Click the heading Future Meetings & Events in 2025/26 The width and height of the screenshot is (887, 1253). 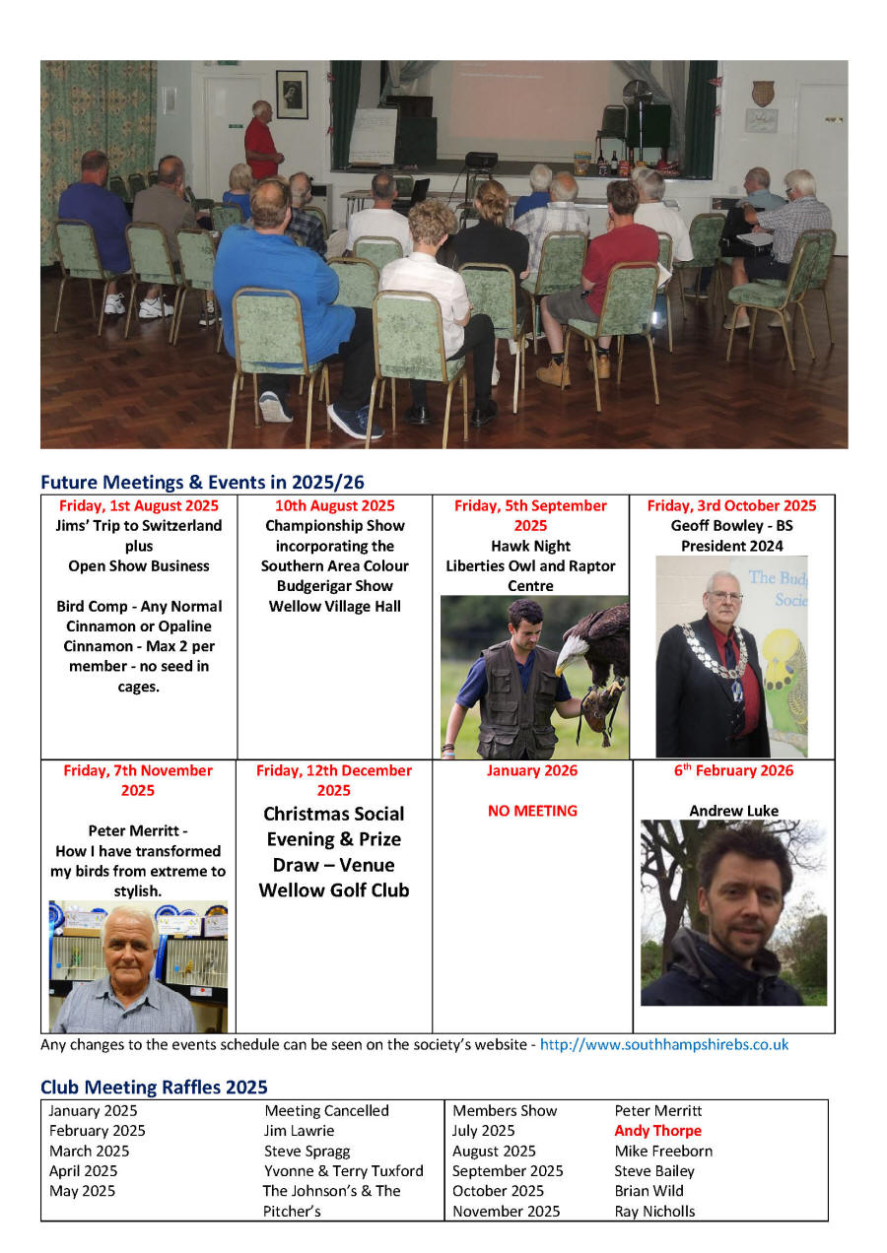(202, 482)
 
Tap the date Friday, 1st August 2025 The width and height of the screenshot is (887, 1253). (139, 505)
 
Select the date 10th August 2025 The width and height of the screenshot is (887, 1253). (334, 505)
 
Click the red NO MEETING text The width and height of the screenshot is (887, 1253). (532, 811)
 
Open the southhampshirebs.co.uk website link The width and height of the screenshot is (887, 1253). (664, 1044)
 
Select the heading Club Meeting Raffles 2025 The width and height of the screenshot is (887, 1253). (154, 1088)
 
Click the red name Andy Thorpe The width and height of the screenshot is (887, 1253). (657, 1131)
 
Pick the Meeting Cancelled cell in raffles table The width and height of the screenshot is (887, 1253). (326, 1110)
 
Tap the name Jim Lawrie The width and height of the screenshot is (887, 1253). (299, 1131)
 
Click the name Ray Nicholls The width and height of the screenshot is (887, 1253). (654, 1212)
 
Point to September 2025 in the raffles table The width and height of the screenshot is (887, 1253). (508, 1171)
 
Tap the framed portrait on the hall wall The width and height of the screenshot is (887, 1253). (292, 94)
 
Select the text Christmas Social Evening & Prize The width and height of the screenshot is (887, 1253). (334, 826)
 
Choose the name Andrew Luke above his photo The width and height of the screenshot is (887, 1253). (733, 811)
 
